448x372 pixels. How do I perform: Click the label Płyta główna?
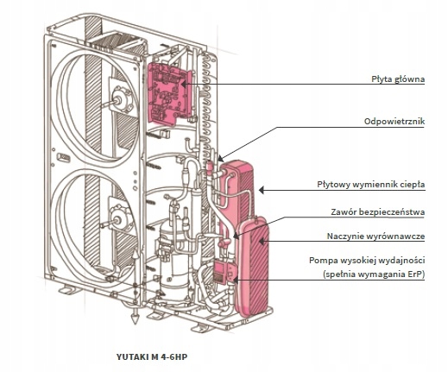[x=398, y=79]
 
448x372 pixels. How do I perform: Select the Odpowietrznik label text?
[x=394, y=122]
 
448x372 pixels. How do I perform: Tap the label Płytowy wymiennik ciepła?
[x=371, y=185]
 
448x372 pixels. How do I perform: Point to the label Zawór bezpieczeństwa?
[x=378, y=212]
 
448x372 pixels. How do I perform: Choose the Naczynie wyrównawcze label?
[x=375, y=236]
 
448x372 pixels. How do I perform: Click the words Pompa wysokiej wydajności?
[x=367, y=261]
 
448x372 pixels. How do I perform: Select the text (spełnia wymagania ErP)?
[x=374, y=274]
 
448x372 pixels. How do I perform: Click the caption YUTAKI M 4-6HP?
[x=152, y=357]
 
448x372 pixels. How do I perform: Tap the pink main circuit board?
[x=169, y=93]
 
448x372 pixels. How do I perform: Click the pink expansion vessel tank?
[x=252, y=266]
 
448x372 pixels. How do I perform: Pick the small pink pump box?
[x=224, y=272]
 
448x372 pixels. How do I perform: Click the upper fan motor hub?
[x=120, y=99]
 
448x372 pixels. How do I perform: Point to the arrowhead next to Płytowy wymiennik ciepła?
[x=262, y=190]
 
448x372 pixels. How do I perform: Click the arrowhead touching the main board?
[x=184, y=85]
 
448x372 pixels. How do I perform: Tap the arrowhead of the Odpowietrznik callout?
[x=220, y=159]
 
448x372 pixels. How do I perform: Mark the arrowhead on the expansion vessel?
[x=262, y=242]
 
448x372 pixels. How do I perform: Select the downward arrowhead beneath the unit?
[x=135, y=318]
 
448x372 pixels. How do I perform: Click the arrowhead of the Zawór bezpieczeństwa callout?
[x=236, y=236]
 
